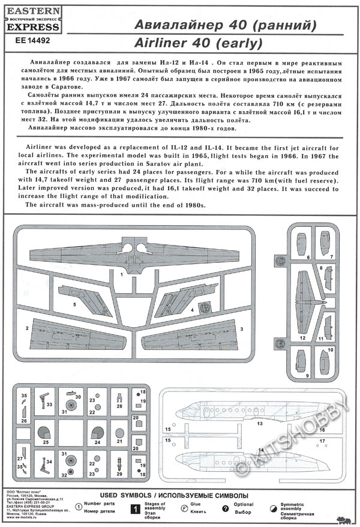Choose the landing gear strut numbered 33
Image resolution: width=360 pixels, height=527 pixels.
click(45, 398)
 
